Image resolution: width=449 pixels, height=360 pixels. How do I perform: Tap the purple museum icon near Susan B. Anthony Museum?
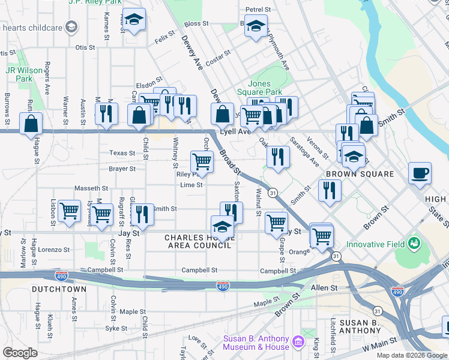pos(298,343)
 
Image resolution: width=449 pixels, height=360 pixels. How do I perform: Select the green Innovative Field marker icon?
pos(414,243)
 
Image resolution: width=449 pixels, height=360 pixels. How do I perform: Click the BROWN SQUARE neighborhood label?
pos(360,174)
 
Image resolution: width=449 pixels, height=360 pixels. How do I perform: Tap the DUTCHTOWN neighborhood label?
pos(59,289)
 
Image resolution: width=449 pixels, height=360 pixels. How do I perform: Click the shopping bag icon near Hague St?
pos(31,124)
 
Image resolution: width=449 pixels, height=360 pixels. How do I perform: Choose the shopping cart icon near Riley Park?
pos(202,161)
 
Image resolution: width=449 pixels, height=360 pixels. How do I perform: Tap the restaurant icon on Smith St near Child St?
pos(142,213)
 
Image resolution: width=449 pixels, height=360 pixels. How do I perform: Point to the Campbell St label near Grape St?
pos(278,271)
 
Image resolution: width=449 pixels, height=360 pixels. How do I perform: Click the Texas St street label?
pos(122,153)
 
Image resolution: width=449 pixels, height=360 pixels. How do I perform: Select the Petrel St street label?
pos(259,10)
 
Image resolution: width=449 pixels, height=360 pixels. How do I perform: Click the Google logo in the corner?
pos(20,353)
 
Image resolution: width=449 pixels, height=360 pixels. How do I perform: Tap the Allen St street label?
pos(324,288)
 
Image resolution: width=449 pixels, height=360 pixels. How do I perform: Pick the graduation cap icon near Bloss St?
pos(256,27)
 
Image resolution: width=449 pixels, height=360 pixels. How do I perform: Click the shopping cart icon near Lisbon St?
pos(70,211)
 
